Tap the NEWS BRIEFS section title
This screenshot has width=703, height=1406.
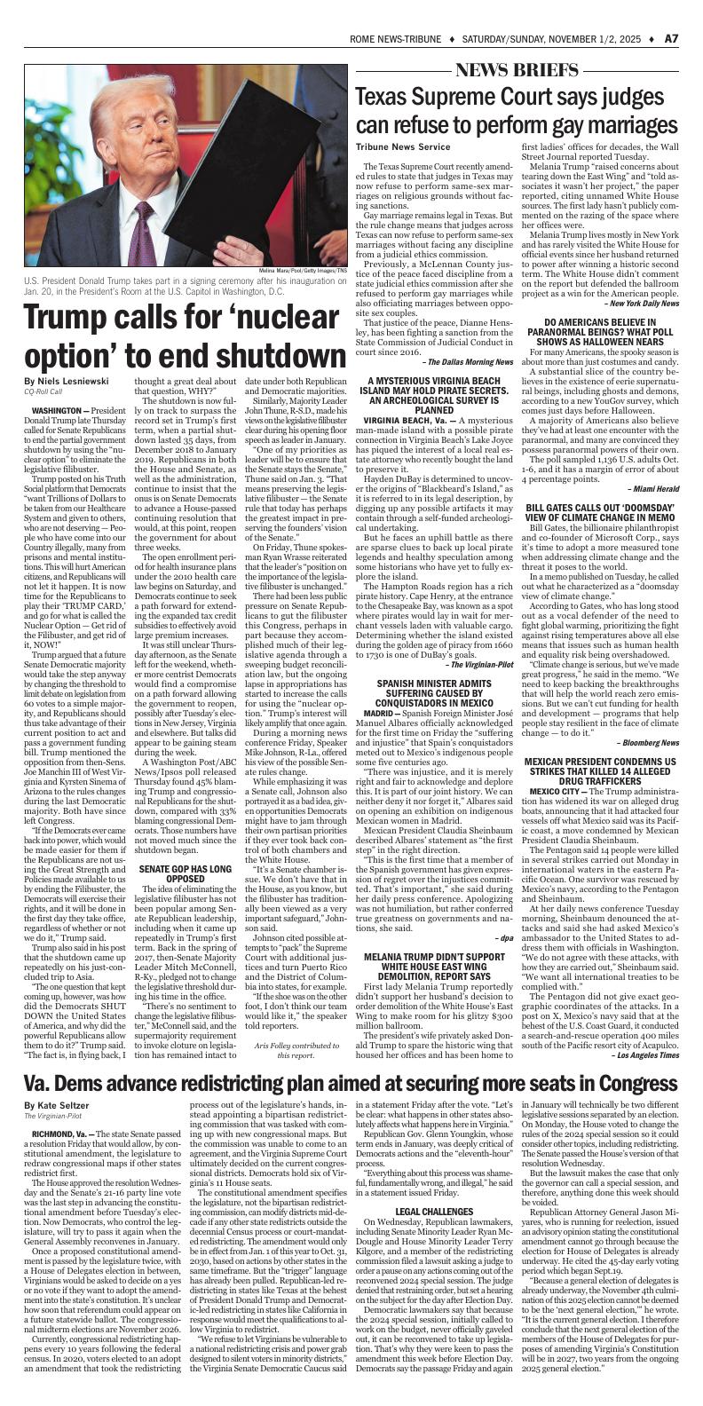pyautogui.click(x=518, y=71)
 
